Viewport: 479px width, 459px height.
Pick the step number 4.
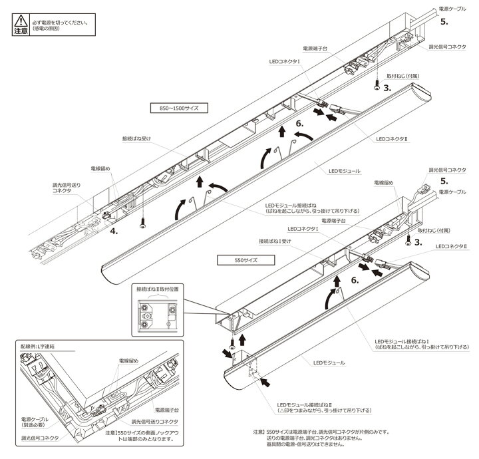[114, 231]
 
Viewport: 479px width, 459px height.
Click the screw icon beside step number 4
[142, 226]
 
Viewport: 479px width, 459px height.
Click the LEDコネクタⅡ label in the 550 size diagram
[452, 245]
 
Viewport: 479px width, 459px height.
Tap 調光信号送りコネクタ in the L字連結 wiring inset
[157, 422]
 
